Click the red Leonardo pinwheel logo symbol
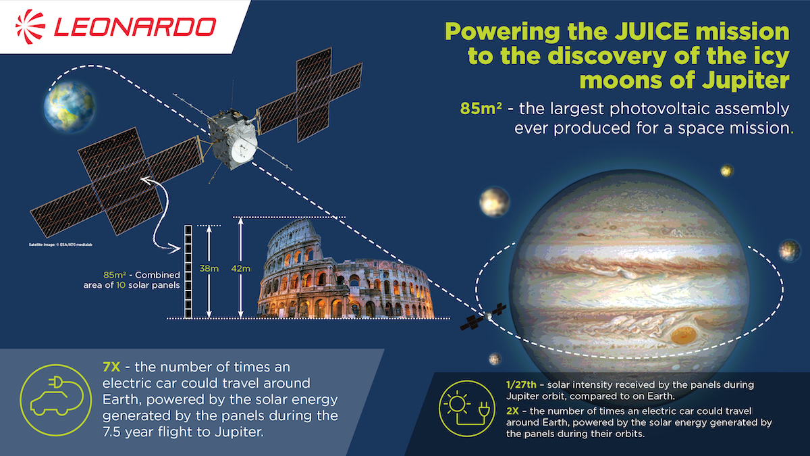click(x=30, y=27)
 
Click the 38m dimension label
click(x=209, y=269)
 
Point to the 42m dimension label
click(x=240, y=269)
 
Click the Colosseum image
click(x=346, y=270)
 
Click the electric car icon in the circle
click(x=56, y=399)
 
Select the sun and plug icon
click(x=466, y=408)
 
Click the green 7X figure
click(x=111, y=367)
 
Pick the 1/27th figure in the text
click(x=521, y=384)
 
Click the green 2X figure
click(x=512, y=411)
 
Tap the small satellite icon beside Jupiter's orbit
click(x=483, y=317)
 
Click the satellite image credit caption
click(x=60, y=245)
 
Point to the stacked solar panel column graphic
click(x=188, y=272)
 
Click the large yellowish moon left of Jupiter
click(x=494, y=202)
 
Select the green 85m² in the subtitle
click(x=481, y=109)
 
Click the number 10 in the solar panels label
click(x=121, y=285)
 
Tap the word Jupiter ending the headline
click(x=746, y=80)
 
